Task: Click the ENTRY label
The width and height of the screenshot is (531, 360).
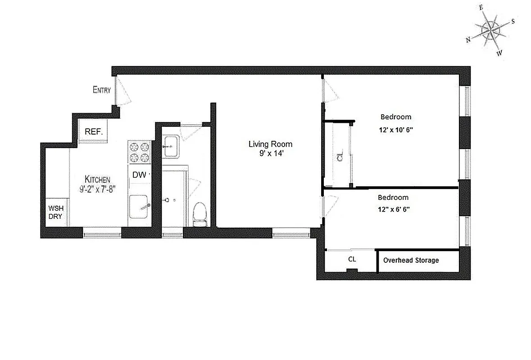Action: click(x=101, y=90)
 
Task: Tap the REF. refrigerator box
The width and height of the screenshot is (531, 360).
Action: click(x=94, y=132)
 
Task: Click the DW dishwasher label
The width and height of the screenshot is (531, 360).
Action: click(x=139, y=175)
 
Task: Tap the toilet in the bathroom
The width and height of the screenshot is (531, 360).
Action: click(x=199, y=214)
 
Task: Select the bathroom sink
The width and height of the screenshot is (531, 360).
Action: click(x=171, y=147)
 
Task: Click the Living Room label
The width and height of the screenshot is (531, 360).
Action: click(x=270, y=144)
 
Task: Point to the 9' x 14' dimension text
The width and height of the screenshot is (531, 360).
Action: click(x=270, y=153)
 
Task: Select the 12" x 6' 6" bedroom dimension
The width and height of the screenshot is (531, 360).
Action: click(x=393, y=209)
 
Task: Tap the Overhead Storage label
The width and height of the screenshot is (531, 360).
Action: click(x=411, y=260)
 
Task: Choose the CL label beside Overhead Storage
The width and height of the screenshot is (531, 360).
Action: click(x=352, y=259)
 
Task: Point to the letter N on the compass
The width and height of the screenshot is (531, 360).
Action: click(x=468, y=40)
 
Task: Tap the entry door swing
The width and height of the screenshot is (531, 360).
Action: click(x=123, y=93)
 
